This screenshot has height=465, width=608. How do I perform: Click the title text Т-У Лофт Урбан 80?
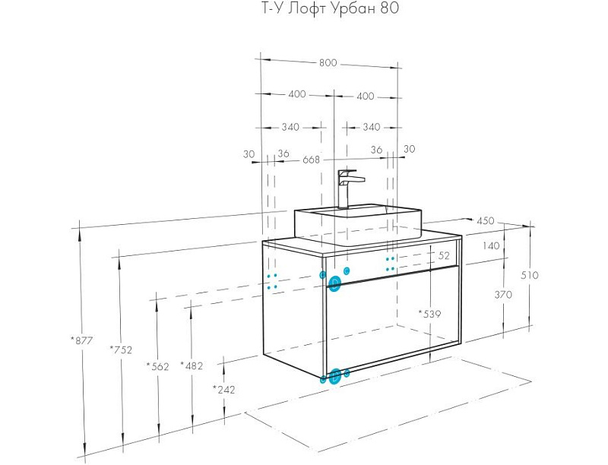click(325, 9)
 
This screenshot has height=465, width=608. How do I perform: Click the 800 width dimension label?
click(328, 63)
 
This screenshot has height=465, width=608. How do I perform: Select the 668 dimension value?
click(311, 160)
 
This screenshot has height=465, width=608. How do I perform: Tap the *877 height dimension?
click(81, 340)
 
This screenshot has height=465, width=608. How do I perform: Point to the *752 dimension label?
click(122, 350)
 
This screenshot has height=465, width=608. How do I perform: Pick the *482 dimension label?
click(192, 365)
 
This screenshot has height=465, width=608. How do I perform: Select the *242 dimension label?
click(224, 389)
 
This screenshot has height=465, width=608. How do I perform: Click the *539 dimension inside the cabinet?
click(429, 313)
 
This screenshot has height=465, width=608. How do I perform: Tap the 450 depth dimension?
click(485, 221)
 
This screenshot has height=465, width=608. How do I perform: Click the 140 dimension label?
click(490, 245)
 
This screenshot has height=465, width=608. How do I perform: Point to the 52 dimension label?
click(445, 255)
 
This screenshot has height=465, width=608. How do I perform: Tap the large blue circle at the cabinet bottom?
click(335, 375)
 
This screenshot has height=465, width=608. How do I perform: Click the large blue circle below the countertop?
click(335, 283)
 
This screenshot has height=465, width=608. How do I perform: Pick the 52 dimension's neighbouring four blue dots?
click(390, 264)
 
